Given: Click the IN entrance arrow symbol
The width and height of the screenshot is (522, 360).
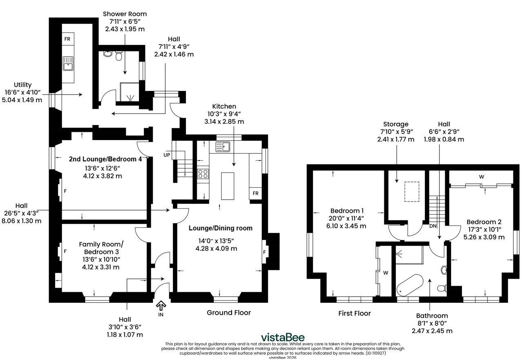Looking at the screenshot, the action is pyautogui.click(x=161, y=306).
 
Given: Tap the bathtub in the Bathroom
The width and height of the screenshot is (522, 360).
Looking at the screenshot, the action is pyautogui.click(x=410, y=285).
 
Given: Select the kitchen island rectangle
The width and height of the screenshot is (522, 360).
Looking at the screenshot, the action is pyautogui.click(x=228, y=186).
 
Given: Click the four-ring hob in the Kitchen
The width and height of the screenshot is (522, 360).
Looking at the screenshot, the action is pyautogui.click(x=203, y=174).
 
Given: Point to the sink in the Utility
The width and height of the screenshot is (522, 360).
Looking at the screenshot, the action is pyautogui.click(x=68, y=63).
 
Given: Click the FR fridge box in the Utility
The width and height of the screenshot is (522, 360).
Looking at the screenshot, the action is pyautogui.click(x=68, y=39).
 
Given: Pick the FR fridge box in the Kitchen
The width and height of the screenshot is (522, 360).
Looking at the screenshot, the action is pyautogui.click(x=255, y=193).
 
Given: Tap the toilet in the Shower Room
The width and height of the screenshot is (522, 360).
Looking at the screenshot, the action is pyautogui.click(x=118, y=56).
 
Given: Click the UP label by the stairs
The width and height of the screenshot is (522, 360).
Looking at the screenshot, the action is pyautogui.click(x=167, y=155).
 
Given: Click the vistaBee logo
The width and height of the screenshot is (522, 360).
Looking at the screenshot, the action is pyautogui.click(x=282, y=338).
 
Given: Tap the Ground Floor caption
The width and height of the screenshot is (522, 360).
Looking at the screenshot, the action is pyautogui.click(x=229, y=313).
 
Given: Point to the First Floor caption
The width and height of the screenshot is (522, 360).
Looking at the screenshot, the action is pyautogui.click(x=355, y=313).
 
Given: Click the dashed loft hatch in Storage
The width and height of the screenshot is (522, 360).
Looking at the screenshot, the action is pyautogui.click(x=412, y=192).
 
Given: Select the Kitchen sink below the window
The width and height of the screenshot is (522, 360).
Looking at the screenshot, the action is pyautogui.click(x=223, y=147).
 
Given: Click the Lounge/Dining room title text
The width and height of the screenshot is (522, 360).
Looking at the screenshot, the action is pyautogui.click(x=221, y=228).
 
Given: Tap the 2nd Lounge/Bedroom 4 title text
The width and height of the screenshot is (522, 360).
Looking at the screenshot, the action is pyautogui.click(x=105, y=159).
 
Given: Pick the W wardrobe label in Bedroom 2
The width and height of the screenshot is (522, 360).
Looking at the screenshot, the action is pyautogui.click(x=482, y=177).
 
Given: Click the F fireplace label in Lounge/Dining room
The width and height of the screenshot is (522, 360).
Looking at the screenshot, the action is pyautogui.click(x=264, y=252).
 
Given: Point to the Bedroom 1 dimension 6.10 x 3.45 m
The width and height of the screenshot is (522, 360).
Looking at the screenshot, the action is pyautogui.click(x=346, y=226).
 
